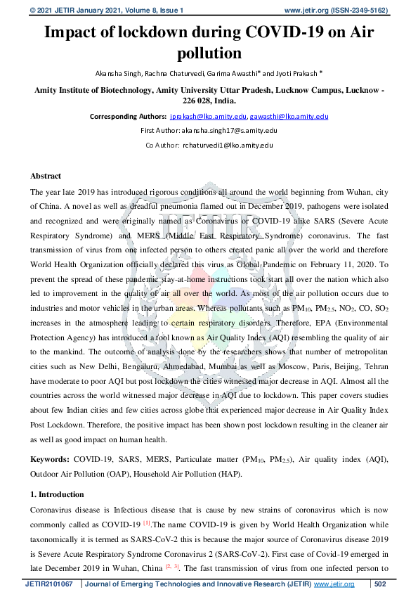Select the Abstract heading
click(x=46, y=176)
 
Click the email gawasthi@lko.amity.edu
click(x=289, y=116)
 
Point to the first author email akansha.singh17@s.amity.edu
click(x=230, y=131)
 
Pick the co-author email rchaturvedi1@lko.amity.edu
click(x=228, y=145)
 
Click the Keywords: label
click(x=49, y=458)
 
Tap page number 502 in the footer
click(x=380, y=584)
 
